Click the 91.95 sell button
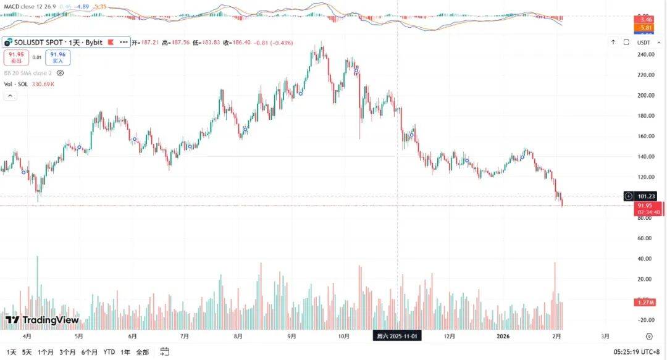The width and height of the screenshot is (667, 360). pos(17,57)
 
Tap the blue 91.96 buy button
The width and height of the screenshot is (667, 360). pos(57,57)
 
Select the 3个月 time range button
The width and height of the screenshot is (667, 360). pos(67,352)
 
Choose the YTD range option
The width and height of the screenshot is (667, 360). pos(109,352)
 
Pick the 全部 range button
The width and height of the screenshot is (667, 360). pos(142,352)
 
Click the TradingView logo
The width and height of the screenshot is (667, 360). pos(43,320)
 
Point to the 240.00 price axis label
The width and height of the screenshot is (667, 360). pos(645,54)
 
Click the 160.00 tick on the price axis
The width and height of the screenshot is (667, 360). pos(645,136)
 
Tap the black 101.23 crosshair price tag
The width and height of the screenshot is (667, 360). pos(647,196)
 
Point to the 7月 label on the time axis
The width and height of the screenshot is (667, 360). pos(185,337)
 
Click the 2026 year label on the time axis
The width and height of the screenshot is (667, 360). pos(503,337)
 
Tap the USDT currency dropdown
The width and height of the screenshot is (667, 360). pos(644,43)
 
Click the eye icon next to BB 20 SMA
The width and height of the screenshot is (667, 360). pos(60,73)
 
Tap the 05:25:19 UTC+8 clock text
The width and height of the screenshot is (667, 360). pos(641,352)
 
